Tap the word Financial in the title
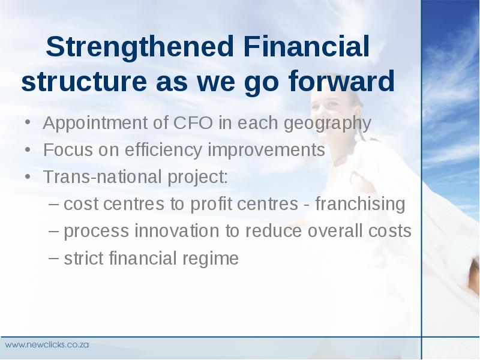point(307,46)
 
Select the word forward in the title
point(341,81)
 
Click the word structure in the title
point(84,82)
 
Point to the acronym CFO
point(193,123)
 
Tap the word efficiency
point(163,151)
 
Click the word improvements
point(266,151)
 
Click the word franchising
point(360,204)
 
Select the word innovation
point(176,230)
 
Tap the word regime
point(211,259)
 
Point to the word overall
point(335,230)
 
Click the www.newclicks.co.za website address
point(47,344)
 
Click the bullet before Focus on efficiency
point(28,150)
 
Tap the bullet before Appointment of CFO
point(28,123)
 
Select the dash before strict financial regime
point(53,258)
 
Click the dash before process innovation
point(53,230)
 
